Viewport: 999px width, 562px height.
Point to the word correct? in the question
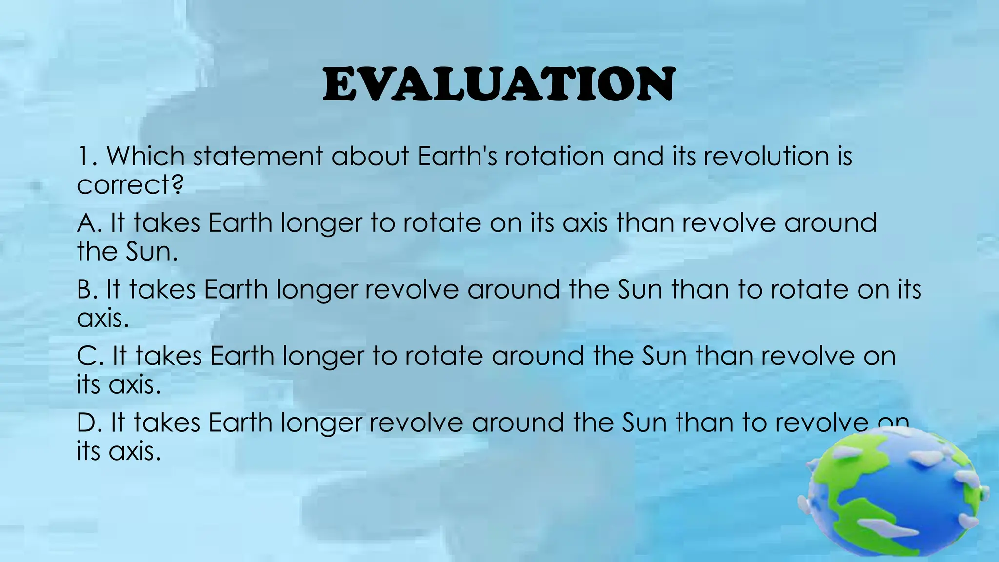pos(130,185)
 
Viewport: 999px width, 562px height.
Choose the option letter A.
pos(87,223)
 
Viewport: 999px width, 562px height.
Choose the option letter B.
pos(86,289)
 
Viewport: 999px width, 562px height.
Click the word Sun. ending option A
pos(152,252)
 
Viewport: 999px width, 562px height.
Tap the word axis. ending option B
pos(102,318)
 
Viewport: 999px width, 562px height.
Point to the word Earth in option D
pos(240,422)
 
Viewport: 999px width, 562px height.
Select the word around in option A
pos(830,223)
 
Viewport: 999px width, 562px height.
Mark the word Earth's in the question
pos(458,157)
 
